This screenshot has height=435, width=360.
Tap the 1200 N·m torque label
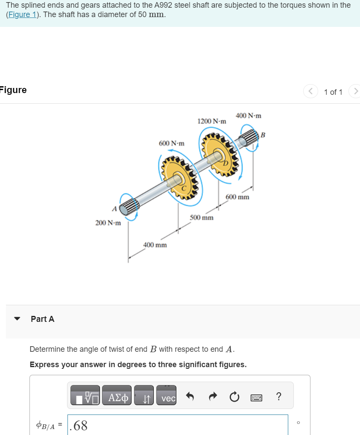(211, 121)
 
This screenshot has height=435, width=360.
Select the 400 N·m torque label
(248, 116)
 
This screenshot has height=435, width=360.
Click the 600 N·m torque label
(171, 143)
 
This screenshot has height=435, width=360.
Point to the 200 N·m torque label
(108, 223)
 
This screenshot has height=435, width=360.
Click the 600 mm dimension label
(237, 197)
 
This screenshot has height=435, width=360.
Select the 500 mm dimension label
(202, 217)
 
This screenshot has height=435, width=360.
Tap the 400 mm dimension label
(155, 245)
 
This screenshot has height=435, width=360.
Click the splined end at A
(129, 207)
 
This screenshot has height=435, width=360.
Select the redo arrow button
(212, 397)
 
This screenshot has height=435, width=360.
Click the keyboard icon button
(256, 397)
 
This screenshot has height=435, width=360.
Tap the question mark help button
(278, 397)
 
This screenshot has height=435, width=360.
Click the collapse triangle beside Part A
(18, 319)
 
